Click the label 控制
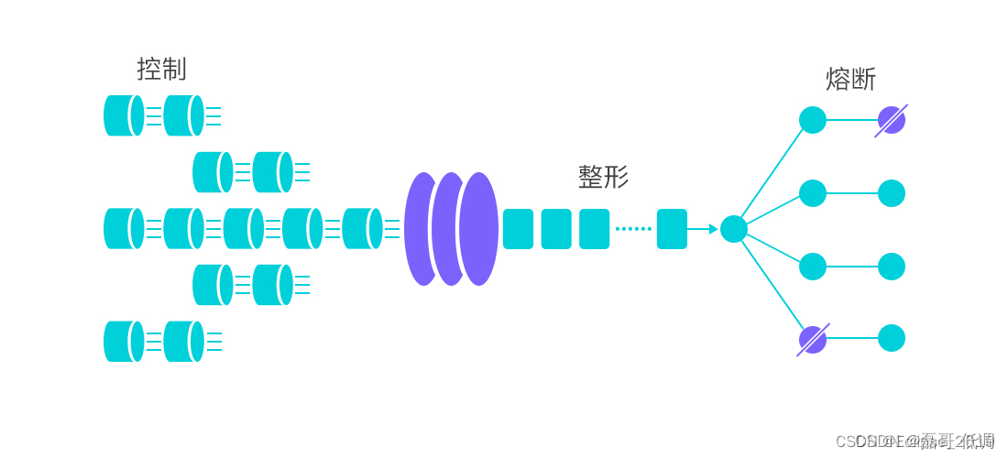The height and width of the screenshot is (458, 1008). tap(161, 69)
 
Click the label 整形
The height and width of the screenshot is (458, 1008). tap(603, 177)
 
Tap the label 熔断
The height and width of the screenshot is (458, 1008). tap(850, 80)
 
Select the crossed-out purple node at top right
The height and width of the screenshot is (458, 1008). tap(891, 120)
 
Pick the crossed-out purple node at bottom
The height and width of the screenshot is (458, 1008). tap(813, 340)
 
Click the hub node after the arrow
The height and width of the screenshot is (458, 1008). tap(734, 229)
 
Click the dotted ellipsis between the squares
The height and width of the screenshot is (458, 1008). tap(633, 229)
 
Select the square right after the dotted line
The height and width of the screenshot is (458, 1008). tap(672, 229)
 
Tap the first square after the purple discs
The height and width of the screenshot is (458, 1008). tap(518, 229)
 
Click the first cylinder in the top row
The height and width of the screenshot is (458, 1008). tap(123, 115)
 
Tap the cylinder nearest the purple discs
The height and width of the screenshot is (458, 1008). tap(361, 229)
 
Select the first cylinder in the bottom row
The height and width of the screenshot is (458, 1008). tap(123, 342)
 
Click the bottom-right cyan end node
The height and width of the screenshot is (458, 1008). tap(892, 338)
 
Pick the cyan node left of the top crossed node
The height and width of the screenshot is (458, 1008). tap(813, 120)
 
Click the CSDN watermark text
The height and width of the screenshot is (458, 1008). tap(915, 442)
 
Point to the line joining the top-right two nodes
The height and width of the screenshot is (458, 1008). tap(851, 120)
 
